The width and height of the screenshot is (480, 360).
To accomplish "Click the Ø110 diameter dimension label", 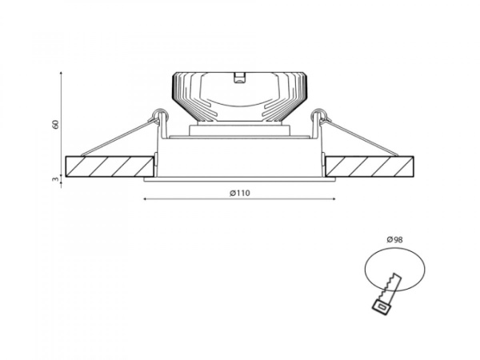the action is point(240,193).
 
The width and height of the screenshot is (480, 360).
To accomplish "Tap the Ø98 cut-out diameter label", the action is point(394,240).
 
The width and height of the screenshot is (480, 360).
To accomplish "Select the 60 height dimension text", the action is point(55,124).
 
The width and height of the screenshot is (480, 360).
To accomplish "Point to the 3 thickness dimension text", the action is point(55,179).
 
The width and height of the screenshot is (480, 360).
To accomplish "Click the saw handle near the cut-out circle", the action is point(382,306).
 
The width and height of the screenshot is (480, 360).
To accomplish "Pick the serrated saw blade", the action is point(390,287).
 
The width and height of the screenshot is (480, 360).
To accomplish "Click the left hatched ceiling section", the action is point(110,167).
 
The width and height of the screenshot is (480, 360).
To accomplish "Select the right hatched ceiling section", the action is point(370,167).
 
